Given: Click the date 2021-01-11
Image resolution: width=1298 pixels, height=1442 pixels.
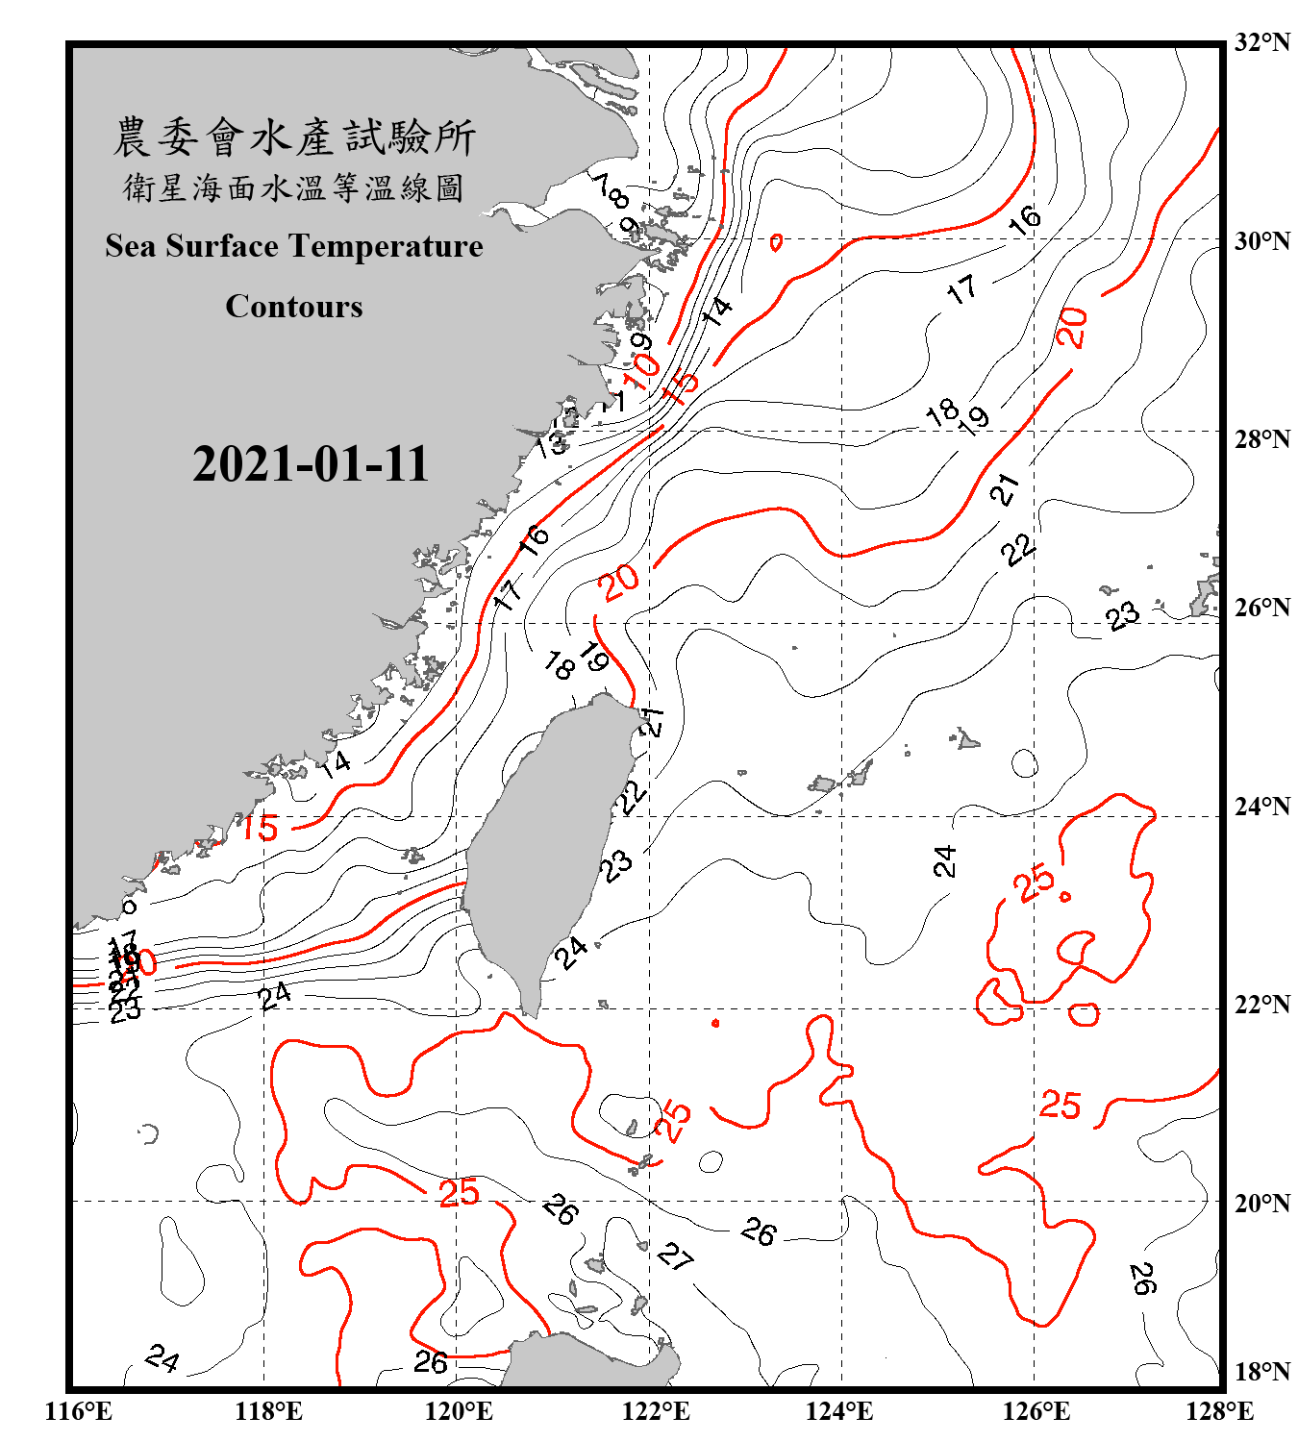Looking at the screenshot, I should (x=310, y=464).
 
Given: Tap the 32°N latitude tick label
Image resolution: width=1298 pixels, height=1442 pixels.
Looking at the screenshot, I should (x=1261, y=42).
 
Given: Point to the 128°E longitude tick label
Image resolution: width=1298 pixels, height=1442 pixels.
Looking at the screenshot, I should (x=1219, y=1411).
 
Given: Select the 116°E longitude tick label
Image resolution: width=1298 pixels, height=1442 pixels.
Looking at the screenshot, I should (x=78, y=1411).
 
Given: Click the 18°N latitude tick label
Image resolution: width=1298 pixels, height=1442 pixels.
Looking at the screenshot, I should (x=1261, y=1372).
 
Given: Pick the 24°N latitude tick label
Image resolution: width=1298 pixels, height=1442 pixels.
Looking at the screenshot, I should (x=1261, y=806).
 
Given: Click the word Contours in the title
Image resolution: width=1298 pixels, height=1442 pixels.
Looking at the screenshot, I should (x=293, y=307).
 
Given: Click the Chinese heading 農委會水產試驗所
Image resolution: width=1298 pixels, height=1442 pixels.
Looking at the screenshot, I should (x=294, y=137).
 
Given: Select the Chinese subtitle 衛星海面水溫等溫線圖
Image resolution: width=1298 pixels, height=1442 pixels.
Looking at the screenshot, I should (x=293, y=187).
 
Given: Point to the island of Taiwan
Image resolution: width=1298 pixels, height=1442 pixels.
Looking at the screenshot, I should (x=548, y=836).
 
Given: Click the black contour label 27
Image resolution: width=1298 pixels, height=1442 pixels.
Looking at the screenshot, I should (x=676, y=1256).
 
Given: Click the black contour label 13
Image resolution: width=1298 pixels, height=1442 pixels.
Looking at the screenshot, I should (x=551, y=444).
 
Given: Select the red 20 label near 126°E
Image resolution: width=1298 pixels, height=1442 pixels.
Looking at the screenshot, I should (x=1072, y=327).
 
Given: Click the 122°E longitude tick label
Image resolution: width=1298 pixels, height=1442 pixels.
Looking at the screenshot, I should (x=656, y=1411).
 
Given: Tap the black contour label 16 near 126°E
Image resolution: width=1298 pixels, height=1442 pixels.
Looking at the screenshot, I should (x=1025, y=219).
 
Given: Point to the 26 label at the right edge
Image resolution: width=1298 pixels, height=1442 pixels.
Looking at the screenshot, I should (x=1141, y=1278).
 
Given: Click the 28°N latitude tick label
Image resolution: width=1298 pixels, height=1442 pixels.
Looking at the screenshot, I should (x=1261, y=438).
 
